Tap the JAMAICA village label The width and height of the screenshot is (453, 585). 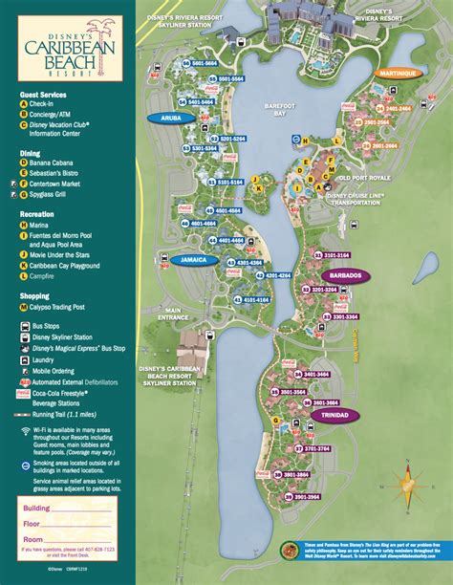coord(195,259)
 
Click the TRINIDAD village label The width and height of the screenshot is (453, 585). coord(335,415)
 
